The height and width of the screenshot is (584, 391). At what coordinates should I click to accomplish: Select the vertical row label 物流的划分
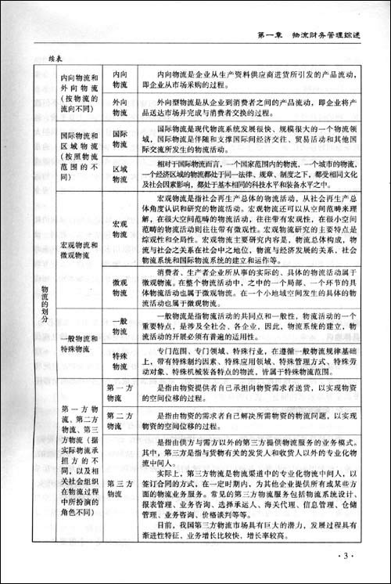(x=44, y=305)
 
